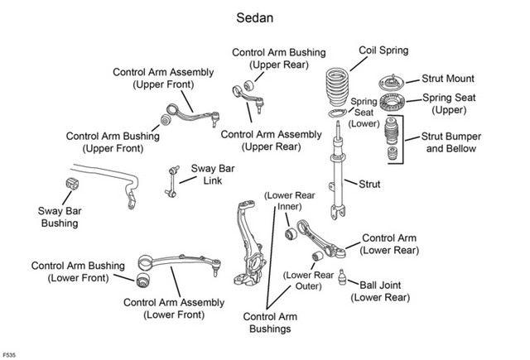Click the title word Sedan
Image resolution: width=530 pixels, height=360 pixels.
pyautogui.click(x=254, y=18)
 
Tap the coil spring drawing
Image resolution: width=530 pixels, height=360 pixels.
pyautogui.click(x=338, y=87)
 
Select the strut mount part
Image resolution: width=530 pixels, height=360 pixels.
pyautogui.click(x=391, y=83)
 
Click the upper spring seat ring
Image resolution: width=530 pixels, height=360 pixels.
pyautogui.click(x=392, y=103)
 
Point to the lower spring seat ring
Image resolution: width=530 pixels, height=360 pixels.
pyautogui.click(x=338, y=113)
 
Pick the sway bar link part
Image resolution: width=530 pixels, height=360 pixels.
pyautogui.click(x=172, y=181)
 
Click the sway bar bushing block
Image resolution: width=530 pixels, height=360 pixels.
pyautogui.click(x=72, y=184)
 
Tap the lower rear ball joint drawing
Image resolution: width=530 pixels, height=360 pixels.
pyautogui.click(x=342, y=277)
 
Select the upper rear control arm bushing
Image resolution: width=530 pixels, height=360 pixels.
pyautogui.click(x=250, y=85)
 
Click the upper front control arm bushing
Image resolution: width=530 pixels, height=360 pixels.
pyautogui.click(x=166, y=120)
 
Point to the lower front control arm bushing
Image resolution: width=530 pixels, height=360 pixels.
pyautogui.click(x=143, y=280)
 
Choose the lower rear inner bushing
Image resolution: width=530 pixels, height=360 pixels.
pyautogui.click(x=291, y=233)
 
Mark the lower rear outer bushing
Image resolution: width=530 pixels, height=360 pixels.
pyautogui.click(x=317, y=256)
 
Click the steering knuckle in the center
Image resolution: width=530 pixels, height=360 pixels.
pyautogui.click(x=249, y=243)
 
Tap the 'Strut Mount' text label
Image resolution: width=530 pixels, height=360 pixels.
pyautogui.click(x=448, y=79)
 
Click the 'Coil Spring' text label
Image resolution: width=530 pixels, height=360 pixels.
pyautogui.click(x=383, y=50)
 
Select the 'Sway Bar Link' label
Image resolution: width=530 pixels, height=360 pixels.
pyautogui.click(x=213, y=175)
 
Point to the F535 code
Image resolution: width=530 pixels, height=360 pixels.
pyautogui.click(x=9, y=355)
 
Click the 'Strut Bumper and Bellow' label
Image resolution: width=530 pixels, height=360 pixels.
pyautogui.click(x=450, y=142)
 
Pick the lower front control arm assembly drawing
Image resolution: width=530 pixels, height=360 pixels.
pyautogui.click(x=180, y=263)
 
